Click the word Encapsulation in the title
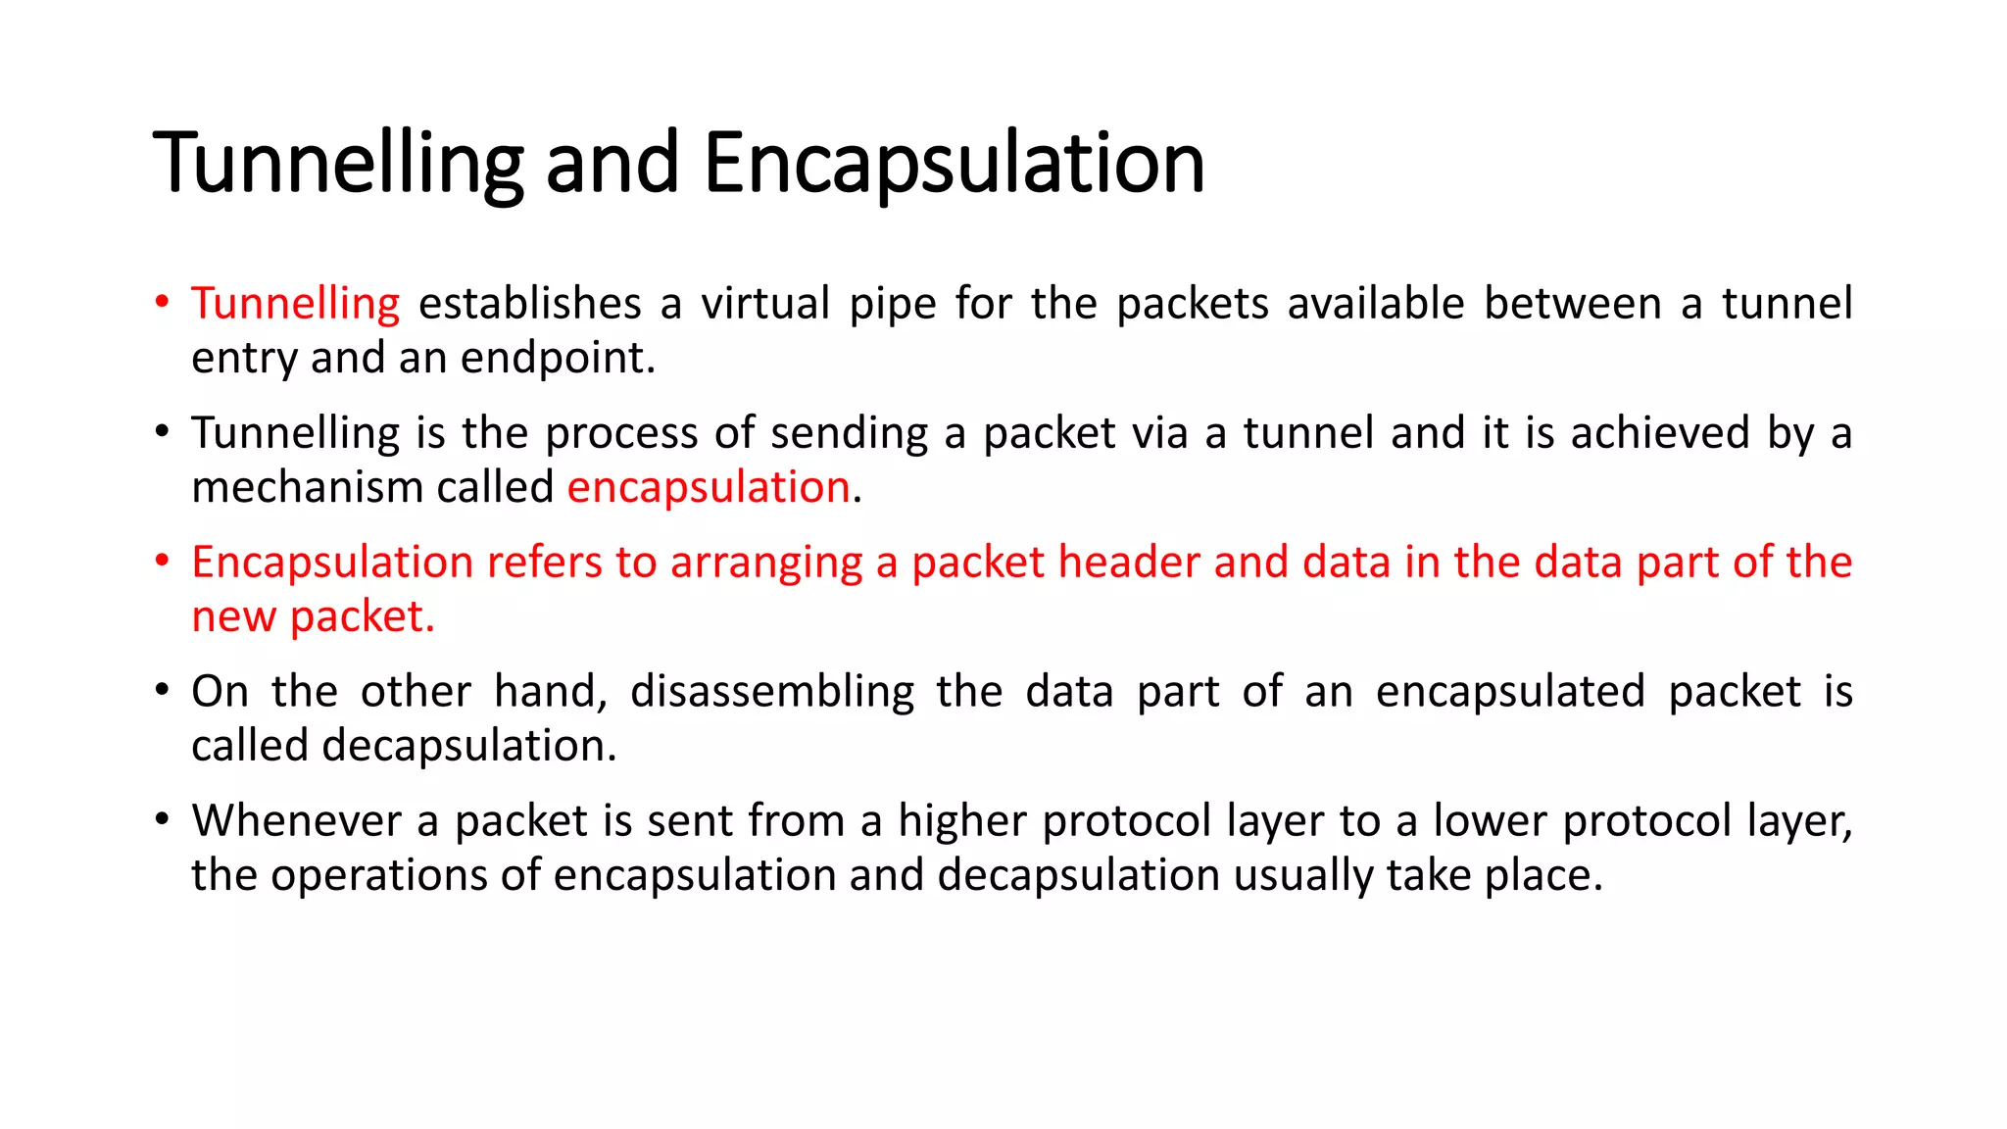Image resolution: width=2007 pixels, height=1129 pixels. pos(954,163)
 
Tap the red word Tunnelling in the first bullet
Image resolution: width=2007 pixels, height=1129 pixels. pos(295,304)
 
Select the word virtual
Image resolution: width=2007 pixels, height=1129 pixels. pos(765,304)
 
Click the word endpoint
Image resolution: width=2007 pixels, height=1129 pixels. pos(557,359)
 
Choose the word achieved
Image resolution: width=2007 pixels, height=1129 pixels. pos(1660,433)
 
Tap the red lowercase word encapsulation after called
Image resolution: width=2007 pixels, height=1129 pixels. pos(709,487)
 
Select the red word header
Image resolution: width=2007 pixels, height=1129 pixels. pos(1129,563)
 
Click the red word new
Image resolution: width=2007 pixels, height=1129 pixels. pos(233,616)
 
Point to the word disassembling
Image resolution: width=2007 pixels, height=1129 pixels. pos(772,692)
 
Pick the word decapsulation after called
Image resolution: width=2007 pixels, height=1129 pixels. pos(468,747)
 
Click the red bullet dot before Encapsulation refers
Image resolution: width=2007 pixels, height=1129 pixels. pos(163,561)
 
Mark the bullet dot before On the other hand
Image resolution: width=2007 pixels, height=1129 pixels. pos(163,690)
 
